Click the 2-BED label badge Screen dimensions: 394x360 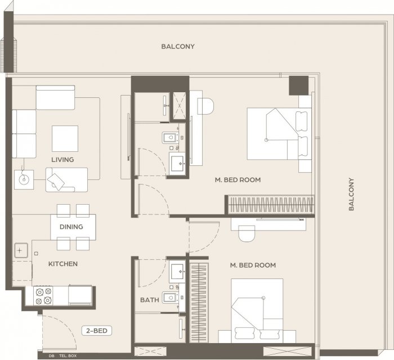97,331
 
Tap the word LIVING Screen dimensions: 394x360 62,160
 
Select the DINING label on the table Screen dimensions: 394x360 71,227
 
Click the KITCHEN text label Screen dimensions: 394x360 63,264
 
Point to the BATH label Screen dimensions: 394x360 150,300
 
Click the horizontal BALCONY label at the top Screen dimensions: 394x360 178,47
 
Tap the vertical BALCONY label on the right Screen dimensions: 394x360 351,194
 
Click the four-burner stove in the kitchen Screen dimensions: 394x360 43,296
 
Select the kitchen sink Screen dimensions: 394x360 21,250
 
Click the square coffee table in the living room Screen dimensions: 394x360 65,138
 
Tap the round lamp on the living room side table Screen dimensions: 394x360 24,179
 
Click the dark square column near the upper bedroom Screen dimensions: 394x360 298,85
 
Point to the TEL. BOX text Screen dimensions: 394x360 68,355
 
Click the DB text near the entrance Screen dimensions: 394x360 52,355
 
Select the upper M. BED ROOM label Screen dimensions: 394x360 238,180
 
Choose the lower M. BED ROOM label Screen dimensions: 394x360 253,265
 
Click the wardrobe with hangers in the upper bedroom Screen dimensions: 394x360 271,205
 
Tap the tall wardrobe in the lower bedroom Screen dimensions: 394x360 199,303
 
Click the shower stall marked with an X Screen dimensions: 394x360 179,105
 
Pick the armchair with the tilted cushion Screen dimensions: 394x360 66,180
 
